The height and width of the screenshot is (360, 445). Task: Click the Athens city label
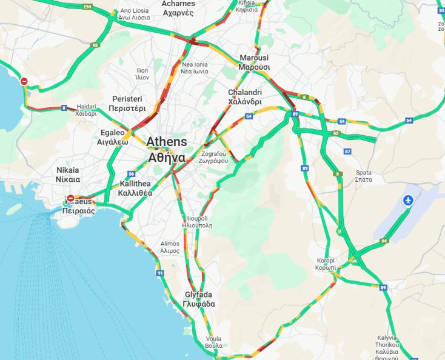(166, 149)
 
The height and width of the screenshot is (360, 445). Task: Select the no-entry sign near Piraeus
(70, 198)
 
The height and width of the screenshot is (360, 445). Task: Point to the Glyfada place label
(199, 299)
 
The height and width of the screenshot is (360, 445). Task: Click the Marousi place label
(254, 62)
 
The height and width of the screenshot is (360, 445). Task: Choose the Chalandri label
(244, 97)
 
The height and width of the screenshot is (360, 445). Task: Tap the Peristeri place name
(127, 104)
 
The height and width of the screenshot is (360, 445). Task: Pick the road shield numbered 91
(160, 273)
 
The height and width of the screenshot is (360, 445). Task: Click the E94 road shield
(87, 7)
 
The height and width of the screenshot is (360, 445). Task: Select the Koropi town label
(326, 264)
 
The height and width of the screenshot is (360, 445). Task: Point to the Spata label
(363, 176)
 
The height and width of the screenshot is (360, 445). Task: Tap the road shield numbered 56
(131, 173)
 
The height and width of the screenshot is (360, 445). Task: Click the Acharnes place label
(178, 8)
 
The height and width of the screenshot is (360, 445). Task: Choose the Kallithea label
(136, 188)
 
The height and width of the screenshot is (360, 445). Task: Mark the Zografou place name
(214, 158)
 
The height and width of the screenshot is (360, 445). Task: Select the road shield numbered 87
(347, 151)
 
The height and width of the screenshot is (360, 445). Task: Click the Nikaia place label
(68, 175)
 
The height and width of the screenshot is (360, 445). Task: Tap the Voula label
(214, 342)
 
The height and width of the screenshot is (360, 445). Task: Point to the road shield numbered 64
(384, 241)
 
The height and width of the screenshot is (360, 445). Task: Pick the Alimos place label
(170, 247)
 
